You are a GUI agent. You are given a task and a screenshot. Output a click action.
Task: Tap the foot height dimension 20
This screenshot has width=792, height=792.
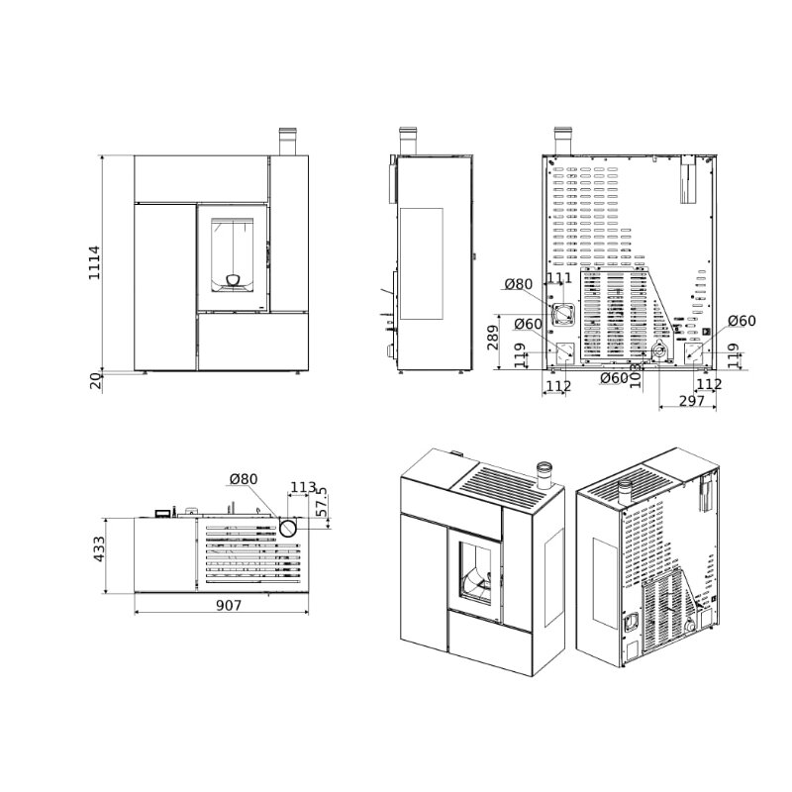point(96,381)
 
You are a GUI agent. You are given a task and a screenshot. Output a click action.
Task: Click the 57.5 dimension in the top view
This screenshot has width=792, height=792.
point(320,501)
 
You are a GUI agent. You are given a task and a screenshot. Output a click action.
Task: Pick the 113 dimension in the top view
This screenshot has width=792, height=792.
point(303,487)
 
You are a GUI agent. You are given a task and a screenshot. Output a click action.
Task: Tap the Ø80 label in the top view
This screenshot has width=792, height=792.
point(243,479)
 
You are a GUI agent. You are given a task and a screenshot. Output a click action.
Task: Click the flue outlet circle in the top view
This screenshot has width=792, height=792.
point(288,529)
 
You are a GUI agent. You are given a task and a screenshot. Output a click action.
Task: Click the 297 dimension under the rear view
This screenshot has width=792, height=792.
point(691,400)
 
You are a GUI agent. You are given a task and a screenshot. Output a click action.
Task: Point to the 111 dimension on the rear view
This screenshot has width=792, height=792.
point(559,279)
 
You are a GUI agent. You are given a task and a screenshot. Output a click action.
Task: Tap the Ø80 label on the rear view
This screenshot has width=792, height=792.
point(519,285)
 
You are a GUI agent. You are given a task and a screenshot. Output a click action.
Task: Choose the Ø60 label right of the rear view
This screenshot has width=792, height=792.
point(742,321)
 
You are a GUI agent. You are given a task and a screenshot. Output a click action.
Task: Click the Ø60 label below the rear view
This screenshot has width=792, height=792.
point(614,377)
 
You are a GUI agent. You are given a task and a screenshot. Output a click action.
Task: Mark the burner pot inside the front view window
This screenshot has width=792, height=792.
point(234,280)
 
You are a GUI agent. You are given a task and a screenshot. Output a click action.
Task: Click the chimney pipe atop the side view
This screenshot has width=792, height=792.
point(407,141)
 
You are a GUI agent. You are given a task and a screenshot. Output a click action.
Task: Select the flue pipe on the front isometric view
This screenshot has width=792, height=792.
point(543,475)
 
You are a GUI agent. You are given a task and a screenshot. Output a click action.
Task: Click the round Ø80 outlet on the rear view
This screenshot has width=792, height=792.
point(563,315)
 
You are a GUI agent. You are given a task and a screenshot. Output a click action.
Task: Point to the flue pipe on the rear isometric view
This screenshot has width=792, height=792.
point(625,490)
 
